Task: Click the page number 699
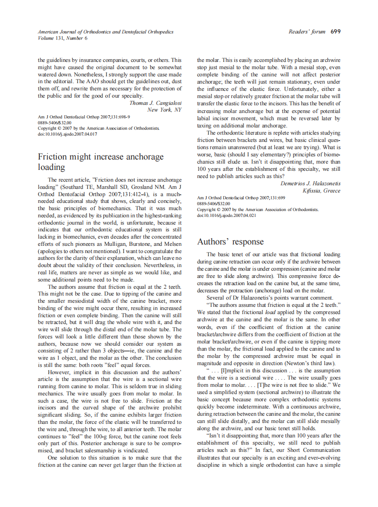click(335, 32)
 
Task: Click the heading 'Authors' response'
click(230, 242)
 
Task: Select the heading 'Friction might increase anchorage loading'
click(101, 162)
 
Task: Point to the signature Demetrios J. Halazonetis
click(310, 183)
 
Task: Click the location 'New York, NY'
click(164, 110)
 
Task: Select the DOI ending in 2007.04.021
click(226, 215)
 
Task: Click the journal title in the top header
click(106, 32)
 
